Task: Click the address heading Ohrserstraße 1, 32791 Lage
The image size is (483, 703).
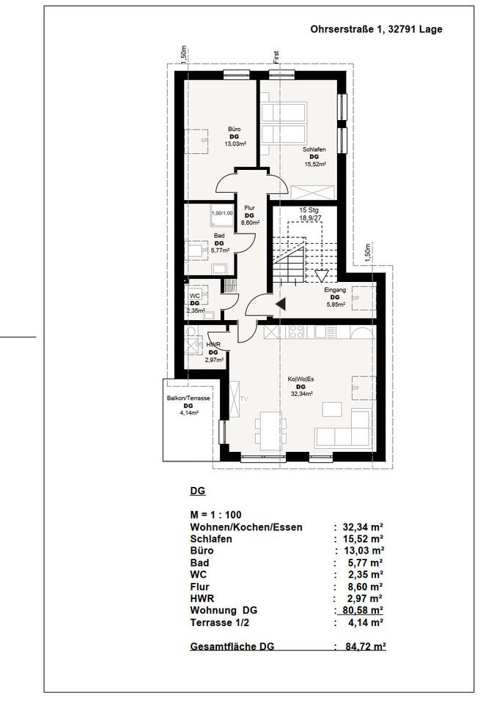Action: [x=377, y=31]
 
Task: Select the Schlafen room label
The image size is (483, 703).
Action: [x=314, y=150]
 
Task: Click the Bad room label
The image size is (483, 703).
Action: [x=218, y=236]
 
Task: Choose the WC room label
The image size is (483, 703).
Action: [x=194, y=295]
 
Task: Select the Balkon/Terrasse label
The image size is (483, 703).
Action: [x=188, y=398]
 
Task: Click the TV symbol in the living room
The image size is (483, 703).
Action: [x=244, y=400]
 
